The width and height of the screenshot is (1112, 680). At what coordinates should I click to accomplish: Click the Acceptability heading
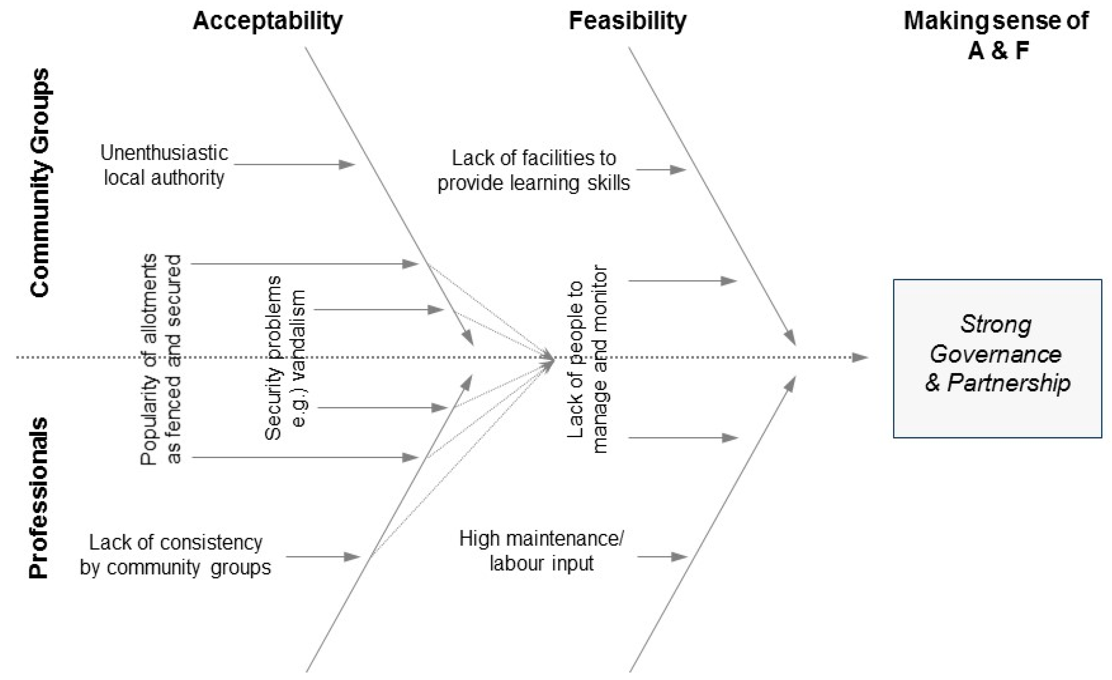pos(268,21)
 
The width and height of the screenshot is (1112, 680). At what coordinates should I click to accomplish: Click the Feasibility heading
pos(627,21)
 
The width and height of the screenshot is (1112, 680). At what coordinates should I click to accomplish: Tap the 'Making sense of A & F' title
pos(996,35)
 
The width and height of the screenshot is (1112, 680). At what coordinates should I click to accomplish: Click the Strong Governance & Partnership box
pos(997,359)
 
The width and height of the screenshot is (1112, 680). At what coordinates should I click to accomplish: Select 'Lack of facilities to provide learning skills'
pos(534,171)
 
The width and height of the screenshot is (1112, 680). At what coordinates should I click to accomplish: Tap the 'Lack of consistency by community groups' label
pos(176,554)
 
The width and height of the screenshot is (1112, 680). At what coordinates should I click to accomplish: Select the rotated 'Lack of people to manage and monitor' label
pos(587,359)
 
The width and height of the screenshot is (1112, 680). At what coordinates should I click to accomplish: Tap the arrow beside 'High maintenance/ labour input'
pos(662,557)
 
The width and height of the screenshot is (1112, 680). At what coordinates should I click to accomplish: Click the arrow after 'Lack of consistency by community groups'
pos(323,557)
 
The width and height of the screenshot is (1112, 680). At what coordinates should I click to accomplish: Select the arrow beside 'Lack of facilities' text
pos(661,170)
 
